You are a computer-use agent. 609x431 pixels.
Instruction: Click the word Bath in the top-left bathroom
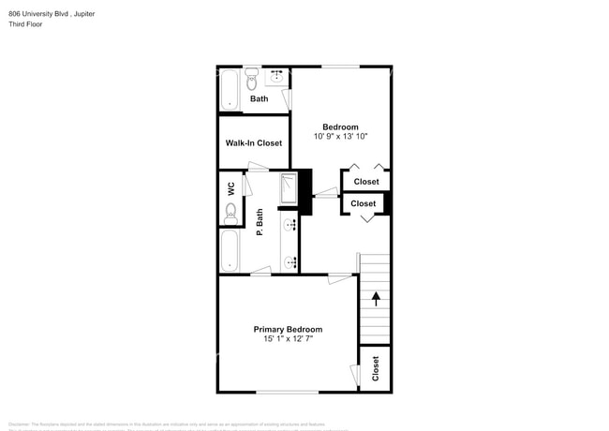[259, 99]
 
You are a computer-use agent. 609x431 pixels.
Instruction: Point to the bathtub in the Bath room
[230, 90]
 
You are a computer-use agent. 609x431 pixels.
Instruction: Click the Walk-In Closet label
[253, 143]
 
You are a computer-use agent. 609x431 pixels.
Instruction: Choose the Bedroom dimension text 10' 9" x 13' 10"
[340, 137]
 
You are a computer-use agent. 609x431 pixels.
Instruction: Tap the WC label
[230, 187]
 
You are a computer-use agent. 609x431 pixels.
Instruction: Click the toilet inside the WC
[230, 215]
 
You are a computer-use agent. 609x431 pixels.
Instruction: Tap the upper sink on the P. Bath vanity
[290, 225]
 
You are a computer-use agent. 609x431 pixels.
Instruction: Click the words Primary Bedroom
[288, 330]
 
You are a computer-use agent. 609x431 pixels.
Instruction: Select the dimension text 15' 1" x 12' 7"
[288, 340]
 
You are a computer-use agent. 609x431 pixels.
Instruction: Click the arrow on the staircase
[376, 299]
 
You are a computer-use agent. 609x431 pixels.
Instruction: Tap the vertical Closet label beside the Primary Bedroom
[376, 368]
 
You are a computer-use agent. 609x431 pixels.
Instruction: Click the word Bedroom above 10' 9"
[340, 127]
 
